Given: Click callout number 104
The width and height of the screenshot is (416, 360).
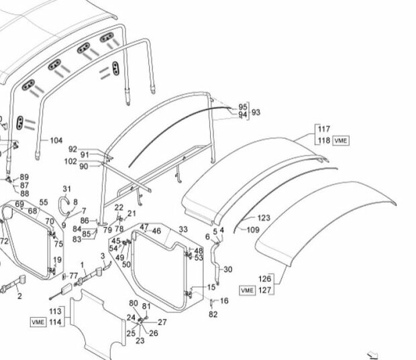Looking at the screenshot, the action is click(56, 140).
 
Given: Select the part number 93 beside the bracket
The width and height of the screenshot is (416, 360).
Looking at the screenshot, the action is click(256, 112).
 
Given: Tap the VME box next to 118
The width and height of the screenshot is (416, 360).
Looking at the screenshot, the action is click(341, 141).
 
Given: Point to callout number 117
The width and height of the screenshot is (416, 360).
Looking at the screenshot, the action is click(324, 129).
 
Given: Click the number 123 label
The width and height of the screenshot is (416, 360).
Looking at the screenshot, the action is click(264, 218).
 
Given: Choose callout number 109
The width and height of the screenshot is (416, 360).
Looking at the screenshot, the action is click(253, 229).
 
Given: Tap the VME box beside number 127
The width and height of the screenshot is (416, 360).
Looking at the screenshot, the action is click(248, 290).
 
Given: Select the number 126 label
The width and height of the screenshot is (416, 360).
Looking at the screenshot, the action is click(265, 279).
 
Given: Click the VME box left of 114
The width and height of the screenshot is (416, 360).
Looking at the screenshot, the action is click(38, 322).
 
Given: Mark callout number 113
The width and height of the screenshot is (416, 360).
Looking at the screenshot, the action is click(55, 311).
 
